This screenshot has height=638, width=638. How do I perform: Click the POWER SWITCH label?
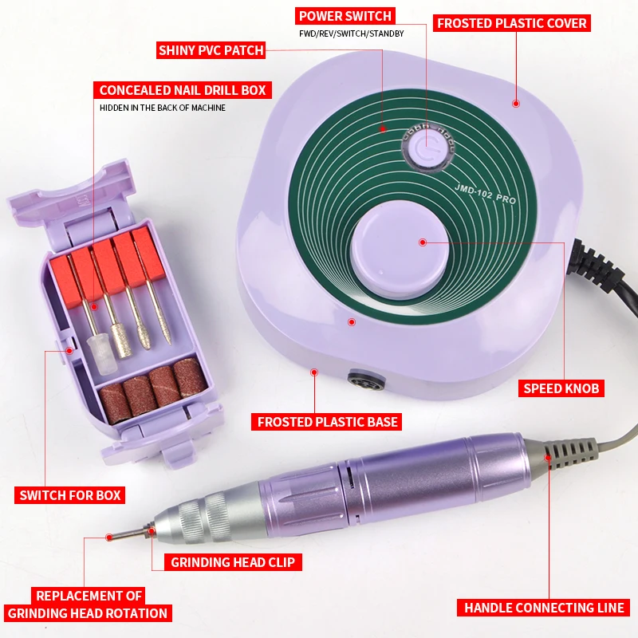pos(345,15)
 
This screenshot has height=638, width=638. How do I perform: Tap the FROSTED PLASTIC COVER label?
pos(512,23)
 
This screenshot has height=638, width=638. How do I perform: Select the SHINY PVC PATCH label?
pos(211,50)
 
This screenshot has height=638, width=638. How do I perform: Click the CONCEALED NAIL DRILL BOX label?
pos(182,90)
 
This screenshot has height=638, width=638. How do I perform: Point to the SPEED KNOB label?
pos(561,388)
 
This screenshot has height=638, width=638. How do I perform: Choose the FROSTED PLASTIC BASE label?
pos(328,421)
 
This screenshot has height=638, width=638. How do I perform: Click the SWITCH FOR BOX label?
pos(69,495)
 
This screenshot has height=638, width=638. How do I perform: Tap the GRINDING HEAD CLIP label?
pos(232,562)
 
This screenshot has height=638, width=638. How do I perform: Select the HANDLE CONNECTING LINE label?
pos(544,608)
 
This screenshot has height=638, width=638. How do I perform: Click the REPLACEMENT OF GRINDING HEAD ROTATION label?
pos(88,605)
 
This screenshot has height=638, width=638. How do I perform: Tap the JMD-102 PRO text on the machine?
pos(486,194)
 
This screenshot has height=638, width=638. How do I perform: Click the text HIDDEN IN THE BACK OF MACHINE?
pos(163,108)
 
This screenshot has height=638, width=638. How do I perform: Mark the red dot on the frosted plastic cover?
pos(516,103)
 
